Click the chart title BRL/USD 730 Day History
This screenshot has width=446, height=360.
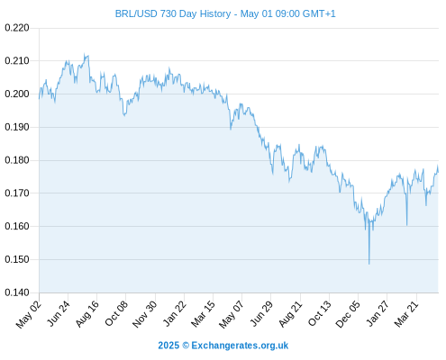173,13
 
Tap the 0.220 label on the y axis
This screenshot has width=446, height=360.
17,28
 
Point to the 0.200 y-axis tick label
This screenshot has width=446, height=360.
17,94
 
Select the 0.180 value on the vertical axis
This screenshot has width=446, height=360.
17,160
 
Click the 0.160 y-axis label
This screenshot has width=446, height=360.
17,226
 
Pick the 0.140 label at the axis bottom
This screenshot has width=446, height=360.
17,292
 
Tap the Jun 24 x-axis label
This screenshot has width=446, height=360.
59,313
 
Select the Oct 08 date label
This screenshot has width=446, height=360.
116,313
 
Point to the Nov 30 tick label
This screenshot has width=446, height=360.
144,314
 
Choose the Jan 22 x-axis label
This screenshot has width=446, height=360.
174,313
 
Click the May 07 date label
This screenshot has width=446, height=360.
231,314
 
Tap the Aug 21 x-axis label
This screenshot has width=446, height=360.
290,313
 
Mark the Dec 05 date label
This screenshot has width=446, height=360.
347,314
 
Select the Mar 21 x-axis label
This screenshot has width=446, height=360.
406,313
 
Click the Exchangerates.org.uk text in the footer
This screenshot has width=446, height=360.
240,346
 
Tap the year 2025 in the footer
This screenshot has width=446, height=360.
168,346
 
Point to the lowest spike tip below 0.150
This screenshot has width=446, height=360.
369,264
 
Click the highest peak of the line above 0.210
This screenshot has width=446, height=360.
85,54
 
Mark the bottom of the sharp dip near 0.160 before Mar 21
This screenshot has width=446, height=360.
407,225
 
